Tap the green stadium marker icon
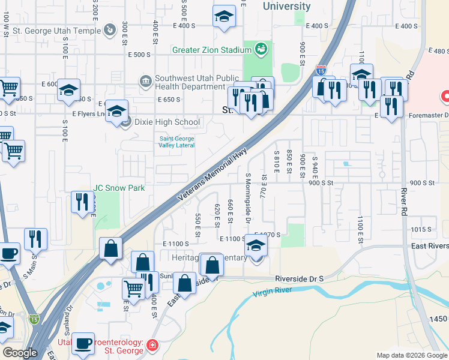click(261, 49)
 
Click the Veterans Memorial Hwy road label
click(213, 175)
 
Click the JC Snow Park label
click(119, 188)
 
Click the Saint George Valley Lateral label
click(178, 142)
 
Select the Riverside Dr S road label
click(300, 279)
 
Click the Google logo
click(20, 353)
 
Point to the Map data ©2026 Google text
click(411, 355)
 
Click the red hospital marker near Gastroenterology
click(152, 346)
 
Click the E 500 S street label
click(139, 55)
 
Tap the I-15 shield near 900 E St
click(322, 71)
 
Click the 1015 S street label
click(421, 230)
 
